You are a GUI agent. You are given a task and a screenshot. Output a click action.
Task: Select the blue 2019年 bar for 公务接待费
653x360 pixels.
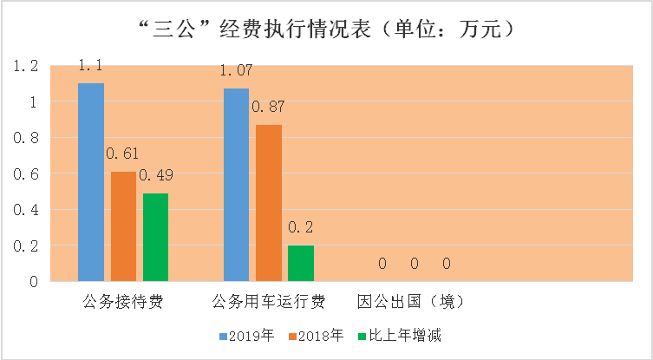[x=91, y=182]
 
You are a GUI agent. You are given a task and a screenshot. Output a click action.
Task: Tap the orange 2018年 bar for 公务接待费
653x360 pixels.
[x=123, y=226]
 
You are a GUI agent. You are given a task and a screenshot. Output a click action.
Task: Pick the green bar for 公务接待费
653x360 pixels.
[x=155, y=237]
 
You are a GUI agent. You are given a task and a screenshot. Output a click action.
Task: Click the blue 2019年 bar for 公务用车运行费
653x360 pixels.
[x=236, y=185]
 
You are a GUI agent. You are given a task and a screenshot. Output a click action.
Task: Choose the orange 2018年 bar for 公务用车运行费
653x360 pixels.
[x=268, y=203]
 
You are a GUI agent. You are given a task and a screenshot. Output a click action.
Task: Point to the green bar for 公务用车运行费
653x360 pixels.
[x=300, y=263]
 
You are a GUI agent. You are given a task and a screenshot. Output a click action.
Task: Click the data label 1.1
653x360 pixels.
[x=91, y=66]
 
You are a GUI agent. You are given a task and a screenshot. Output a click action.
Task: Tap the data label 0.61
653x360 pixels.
[x=123, y=154]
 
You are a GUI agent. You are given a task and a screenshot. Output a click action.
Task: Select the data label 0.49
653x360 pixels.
[x=156, y=175]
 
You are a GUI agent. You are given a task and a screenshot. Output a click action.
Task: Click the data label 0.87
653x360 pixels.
[x=268, y=107]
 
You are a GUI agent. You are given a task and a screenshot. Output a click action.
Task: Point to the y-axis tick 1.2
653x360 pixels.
[x=28, y=66]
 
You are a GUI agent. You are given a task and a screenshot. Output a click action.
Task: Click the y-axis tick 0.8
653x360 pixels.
[x=28, y=138]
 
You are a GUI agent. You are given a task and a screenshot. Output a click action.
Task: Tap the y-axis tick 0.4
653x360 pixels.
[x=28, y=210]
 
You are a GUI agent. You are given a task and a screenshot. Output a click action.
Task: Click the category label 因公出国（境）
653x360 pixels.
[x=411, y=303]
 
